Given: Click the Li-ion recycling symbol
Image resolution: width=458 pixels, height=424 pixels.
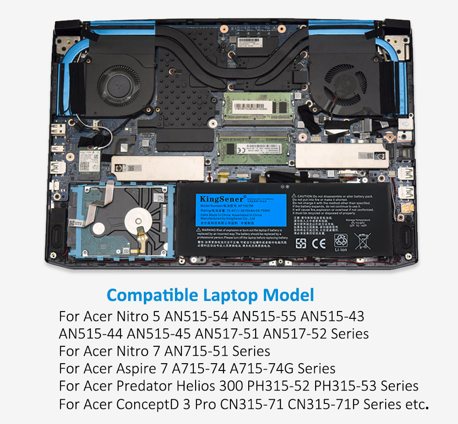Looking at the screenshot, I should [x=341, y=241].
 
